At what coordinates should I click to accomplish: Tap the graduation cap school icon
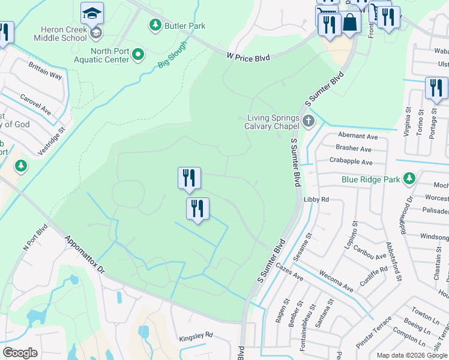(x=92, y=13)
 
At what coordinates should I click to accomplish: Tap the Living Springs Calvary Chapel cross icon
(x=309, y=121)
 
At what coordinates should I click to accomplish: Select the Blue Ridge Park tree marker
(x=409, y=178)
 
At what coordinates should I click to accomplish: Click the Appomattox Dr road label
(x=85, y=255)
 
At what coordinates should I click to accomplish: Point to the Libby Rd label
(x=317, y=199)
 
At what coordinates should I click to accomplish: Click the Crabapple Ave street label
(x=350, y=161)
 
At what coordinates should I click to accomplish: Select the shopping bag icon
(x=351, y=23)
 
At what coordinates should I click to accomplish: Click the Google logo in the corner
(x=20, y=352)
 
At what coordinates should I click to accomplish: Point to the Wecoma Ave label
(x=336, y=282)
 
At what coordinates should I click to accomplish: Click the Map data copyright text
(x=412, y=355)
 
